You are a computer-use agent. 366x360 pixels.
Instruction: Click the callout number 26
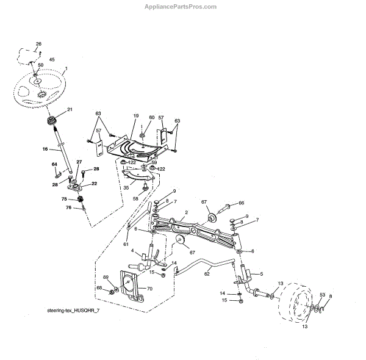(x=38, y=44)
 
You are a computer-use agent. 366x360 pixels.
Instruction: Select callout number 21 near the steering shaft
(x=70, y=109)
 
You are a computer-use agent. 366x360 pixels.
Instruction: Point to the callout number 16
(x=45, y=148)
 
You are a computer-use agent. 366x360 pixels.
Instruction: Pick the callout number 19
(x=136, y=115)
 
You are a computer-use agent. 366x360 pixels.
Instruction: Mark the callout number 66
(x=240, y=203)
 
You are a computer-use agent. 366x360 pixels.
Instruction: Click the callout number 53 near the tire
(x=322, y=295)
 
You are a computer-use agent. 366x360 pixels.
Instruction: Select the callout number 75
(x=63, y=198)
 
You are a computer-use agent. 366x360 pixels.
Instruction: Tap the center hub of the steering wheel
(x=38, y=81)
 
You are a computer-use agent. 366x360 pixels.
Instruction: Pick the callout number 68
(x=98, y=287)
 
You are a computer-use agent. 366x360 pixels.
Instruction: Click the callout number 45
(x=51, y=60)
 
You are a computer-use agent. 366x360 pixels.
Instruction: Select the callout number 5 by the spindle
(x=262, y=275)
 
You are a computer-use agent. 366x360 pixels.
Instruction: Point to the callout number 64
(x=54, y=164)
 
